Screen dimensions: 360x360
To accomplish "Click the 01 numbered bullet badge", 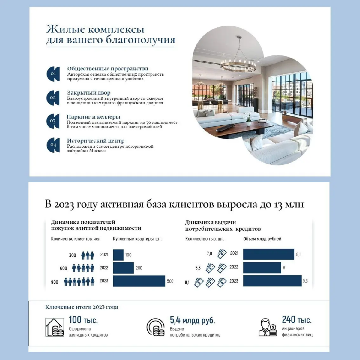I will click(x=53, y=74).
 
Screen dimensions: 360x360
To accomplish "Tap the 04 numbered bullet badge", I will click(x=53, y=145).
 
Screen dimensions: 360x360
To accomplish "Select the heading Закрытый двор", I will click(x=89, y=93).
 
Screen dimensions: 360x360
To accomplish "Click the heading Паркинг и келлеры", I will click(x=93, y=117).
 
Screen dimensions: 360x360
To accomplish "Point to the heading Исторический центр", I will click(x=96, y=140).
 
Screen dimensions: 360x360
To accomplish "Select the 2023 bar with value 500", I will click(x=139, y=281).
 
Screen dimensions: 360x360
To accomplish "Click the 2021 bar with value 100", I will click(x=118, y=255).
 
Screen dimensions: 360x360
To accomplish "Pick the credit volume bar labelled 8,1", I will click(x=268, y=254).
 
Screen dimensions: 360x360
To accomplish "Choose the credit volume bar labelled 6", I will click(x=262, y=268).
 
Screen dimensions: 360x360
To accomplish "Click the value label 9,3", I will click(x=305, y=281).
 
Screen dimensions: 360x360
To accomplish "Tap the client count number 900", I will click(x=55, y=282).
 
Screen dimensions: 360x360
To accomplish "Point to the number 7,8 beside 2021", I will click(x=209, y=254).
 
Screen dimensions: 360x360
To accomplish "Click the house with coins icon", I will click(x=55, y=327).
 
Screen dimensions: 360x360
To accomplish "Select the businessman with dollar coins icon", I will click(x=267, y=327).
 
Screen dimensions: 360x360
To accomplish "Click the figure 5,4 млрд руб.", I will click(x=193, y=320).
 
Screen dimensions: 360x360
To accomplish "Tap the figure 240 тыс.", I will click(x=297, y=320).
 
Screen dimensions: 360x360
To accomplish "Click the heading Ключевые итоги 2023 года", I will click(x=82, y=307).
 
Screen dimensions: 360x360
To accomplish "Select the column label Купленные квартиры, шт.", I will click(x=137, y=239).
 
